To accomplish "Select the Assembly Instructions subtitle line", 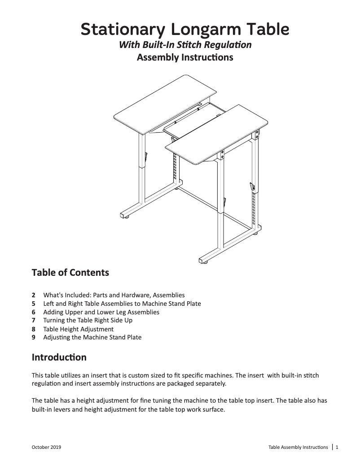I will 184,57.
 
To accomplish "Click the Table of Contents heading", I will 70,272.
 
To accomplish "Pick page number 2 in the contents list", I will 34,295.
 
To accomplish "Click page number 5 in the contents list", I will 34,304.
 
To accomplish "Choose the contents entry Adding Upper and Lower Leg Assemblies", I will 101,312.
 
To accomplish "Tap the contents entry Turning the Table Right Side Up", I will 88,320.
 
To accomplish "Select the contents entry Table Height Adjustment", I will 78,329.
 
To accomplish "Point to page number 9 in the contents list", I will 34,337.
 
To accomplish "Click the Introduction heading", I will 59,358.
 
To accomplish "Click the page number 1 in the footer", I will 337,447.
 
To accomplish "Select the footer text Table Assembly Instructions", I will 298,448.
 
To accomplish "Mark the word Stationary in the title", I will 120,30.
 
